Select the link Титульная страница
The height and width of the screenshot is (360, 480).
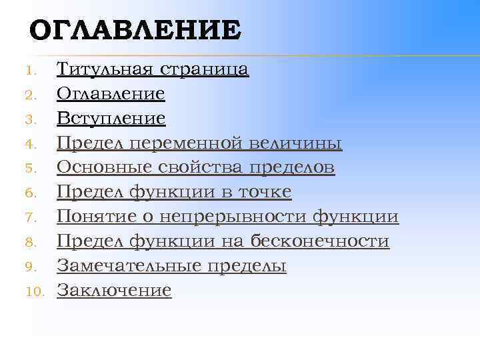tap(153, 69)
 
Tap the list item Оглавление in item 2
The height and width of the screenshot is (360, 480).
tap(111, 94)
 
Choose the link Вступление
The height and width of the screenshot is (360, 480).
tap(111, 119)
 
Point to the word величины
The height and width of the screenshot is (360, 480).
tap(297, 143)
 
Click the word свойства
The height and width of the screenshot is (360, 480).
tap(187, 167)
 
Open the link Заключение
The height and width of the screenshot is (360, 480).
tap(114, 290)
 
